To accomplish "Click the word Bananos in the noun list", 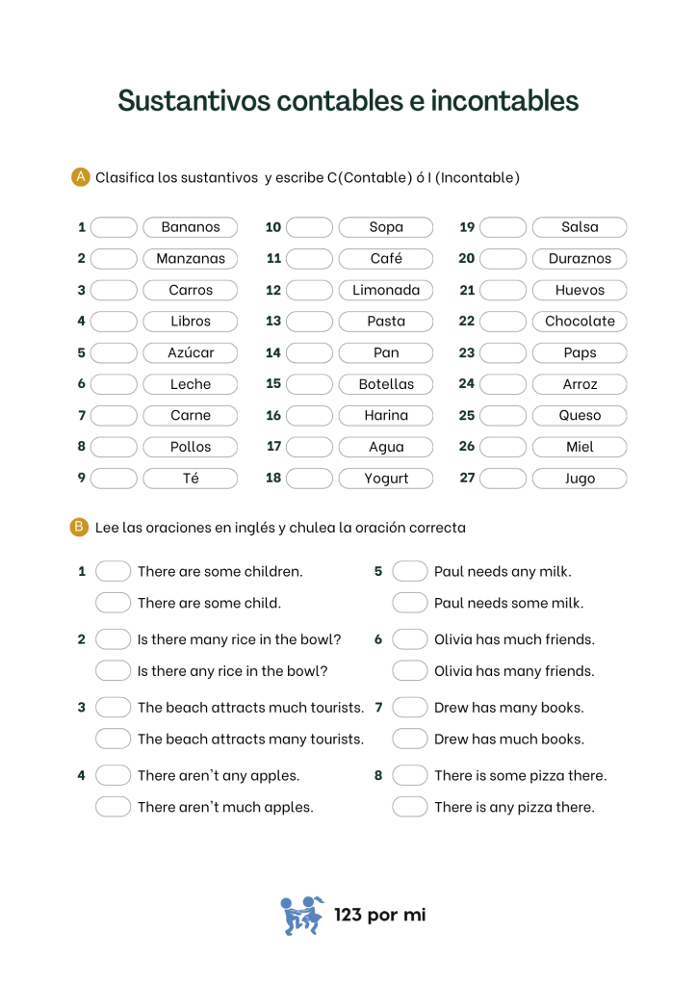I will coord(191,227).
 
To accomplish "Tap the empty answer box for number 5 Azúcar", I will coord(115,352).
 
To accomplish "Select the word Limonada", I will coord(386,290).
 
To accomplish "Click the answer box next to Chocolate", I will coord(503,322).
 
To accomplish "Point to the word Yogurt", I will coord(386,479).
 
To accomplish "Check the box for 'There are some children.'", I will coord(113,571).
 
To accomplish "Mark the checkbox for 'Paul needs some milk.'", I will coord(409,603).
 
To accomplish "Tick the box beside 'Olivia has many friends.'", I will coord(409,671).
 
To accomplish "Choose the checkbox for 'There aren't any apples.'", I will coord(113,775).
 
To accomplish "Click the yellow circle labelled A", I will coord(81,176).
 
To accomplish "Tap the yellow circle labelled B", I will coord(80,527).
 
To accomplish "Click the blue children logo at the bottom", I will coord(302,915).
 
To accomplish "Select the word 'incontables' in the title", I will coord(504,100).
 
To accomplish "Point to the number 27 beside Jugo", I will coord(467,478).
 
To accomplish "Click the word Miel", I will coord(580,447).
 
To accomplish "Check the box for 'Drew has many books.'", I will coord(409,708).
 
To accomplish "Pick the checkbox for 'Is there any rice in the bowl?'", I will coord(113,671).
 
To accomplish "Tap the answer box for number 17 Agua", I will coord(309,447).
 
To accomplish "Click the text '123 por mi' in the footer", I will coord(379,915).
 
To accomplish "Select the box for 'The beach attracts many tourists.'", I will coord(113,739).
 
